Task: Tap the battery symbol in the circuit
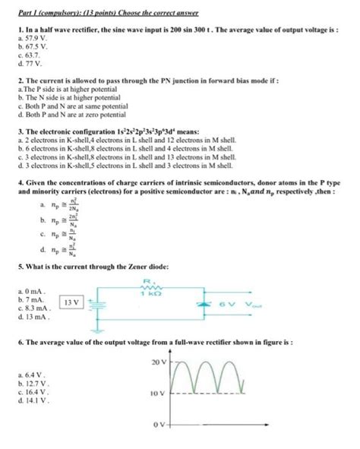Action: click(x=93, y=303)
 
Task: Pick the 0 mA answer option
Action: click(x=36, y=290)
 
